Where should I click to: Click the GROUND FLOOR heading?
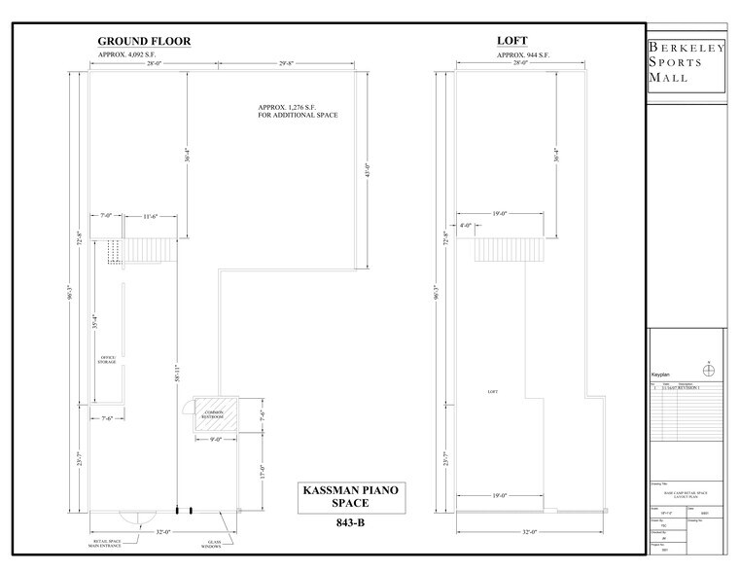point(143,41)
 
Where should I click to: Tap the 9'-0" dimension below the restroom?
point(218,440)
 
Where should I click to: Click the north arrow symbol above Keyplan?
point(709,368)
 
